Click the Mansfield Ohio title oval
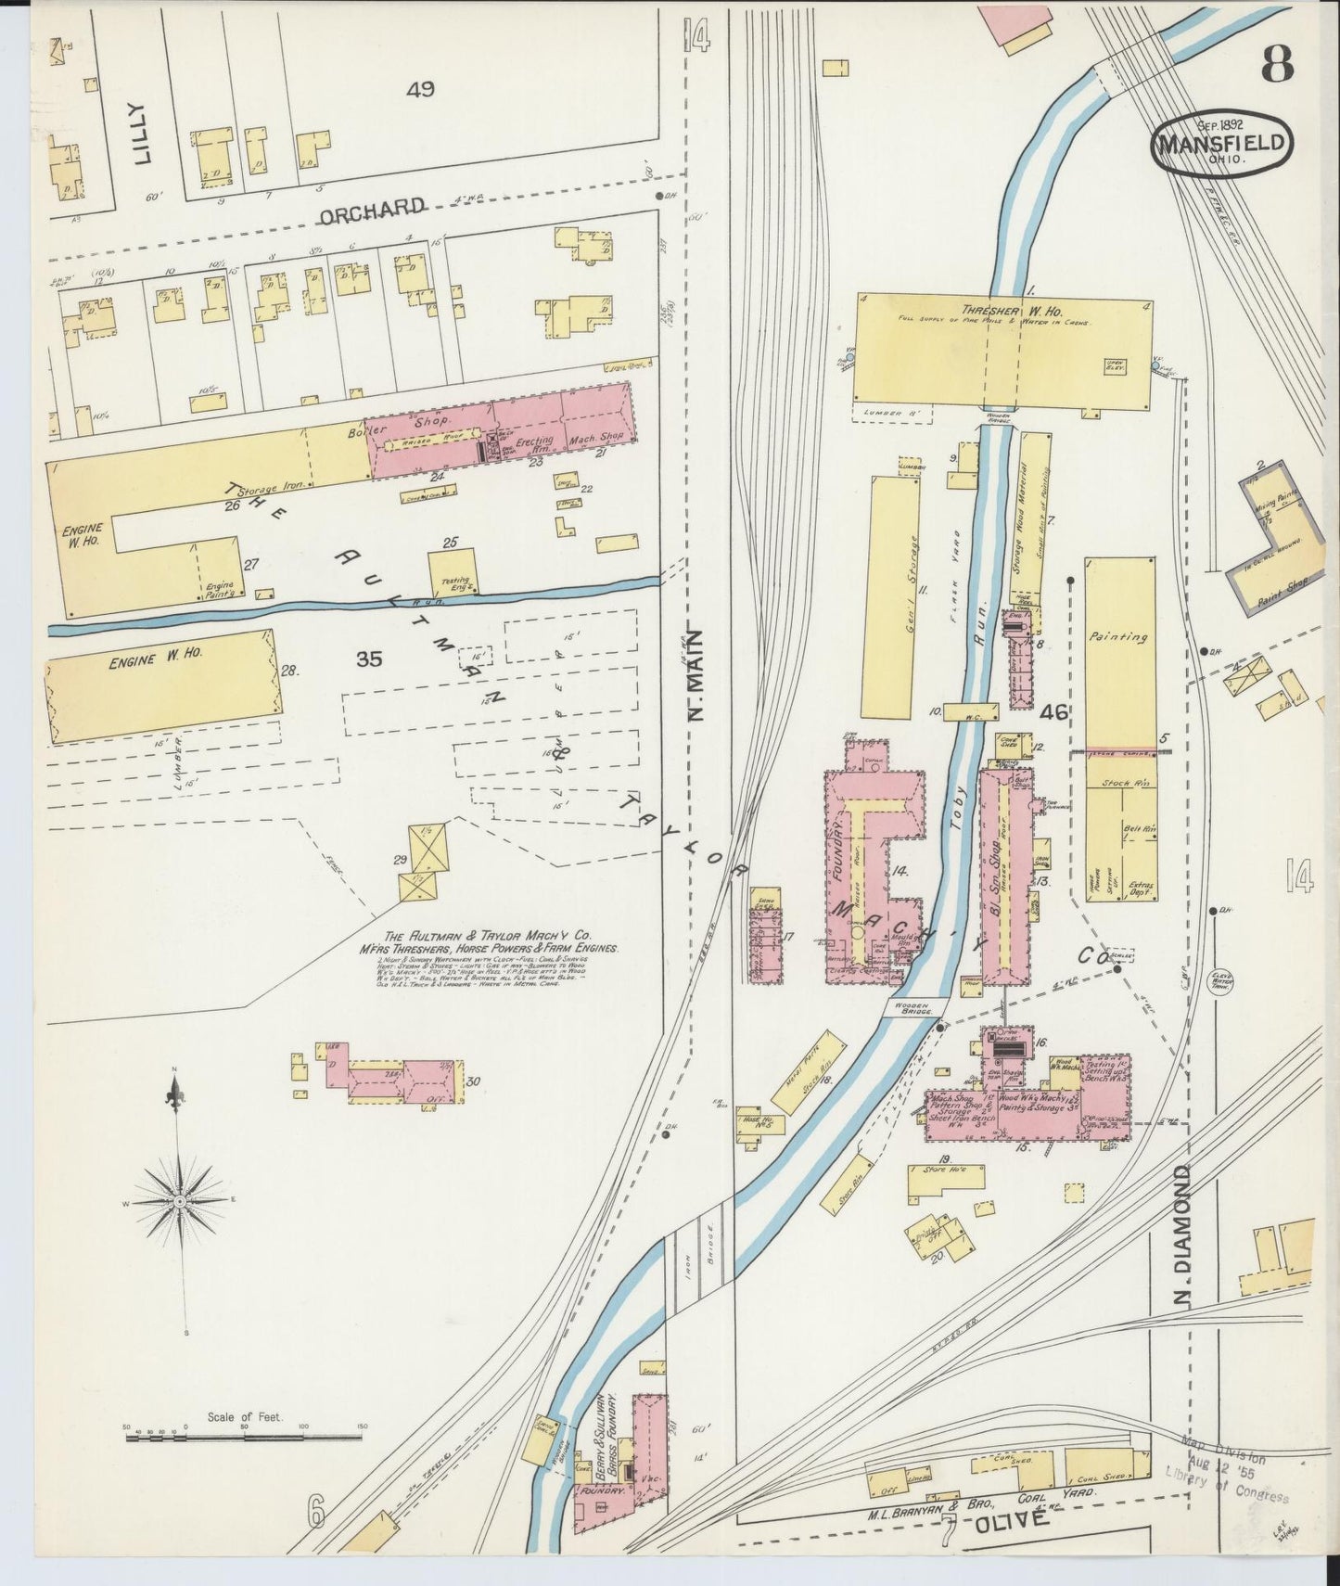pos(1220,145)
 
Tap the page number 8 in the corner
pos(1277,65)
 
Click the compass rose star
pos(181,1202)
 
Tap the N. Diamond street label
pos(1181,1237)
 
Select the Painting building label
pos(1119,637)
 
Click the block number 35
pos(369,659)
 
